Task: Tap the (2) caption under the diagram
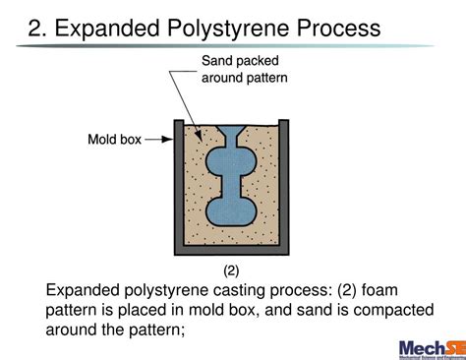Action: [231, 269]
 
